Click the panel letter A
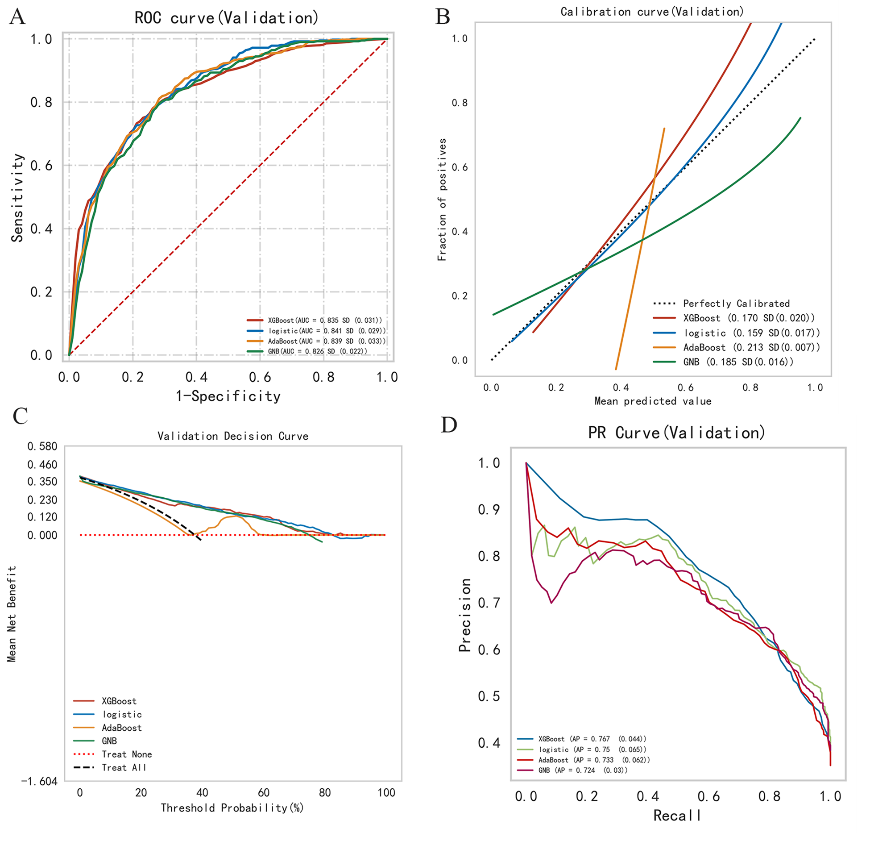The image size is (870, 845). (x=18, y=17)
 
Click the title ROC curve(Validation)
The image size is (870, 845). (x=227, y=18)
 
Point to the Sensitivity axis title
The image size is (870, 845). (x=17, y=198)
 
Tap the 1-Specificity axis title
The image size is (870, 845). (x=228, y=396)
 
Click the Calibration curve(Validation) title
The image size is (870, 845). (x=652, y=12)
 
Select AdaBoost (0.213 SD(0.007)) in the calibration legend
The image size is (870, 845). (x=751, y=347)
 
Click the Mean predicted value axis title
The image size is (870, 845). (x=653, y=401)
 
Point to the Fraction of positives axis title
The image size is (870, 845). (x=442, y=200)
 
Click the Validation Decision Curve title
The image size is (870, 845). (x=233, y=436)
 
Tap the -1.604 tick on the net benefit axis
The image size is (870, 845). (x=39, y=781)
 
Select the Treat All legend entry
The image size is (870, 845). (x=124, y=768)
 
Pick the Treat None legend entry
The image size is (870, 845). (x=126, y=754)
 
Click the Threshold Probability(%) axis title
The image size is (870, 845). (x=232, y=808)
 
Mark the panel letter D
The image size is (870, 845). (x=449, y=425)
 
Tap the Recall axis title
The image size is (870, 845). (x=677, y=816)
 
